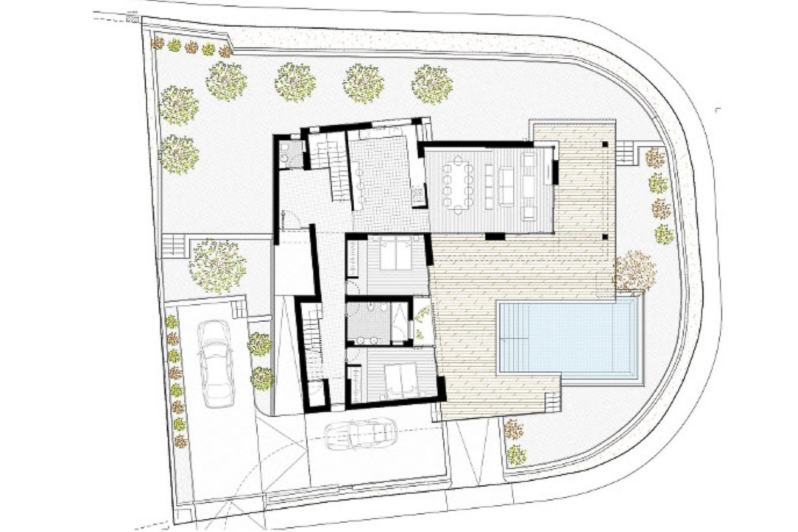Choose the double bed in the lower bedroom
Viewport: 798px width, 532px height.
click(401, 380)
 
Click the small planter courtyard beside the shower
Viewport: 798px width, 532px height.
click(422, 322)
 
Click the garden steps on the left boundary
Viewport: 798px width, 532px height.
click(173, 246)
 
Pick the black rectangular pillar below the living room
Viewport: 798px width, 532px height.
click(495, 236)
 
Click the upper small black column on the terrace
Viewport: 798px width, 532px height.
click(605, 144)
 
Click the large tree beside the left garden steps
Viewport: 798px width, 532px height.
click(217, 266)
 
